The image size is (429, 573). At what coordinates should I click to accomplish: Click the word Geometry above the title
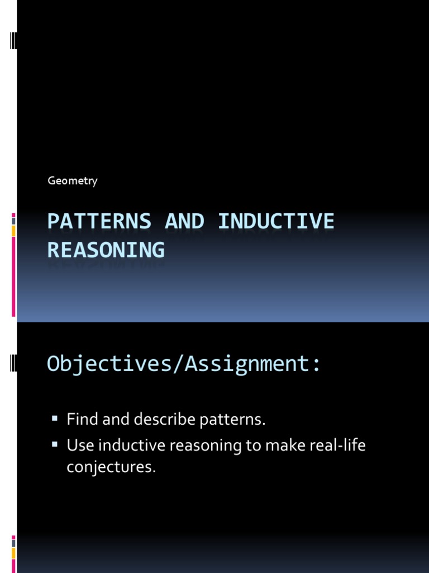[72, 181]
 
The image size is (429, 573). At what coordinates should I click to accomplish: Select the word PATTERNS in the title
[99, 222]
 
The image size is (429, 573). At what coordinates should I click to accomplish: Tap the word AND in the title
[184, 222]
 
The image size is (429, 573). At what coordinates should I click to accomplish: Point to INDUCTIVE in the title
[276, 222]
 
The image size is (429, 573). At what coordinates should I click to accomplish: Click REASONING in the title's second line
[106, 250]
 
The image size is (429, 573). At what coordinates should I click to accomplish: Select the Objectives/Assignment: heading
[184, 364]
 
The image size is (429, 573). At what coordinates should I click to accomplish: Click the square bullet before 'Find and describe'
[55, 418]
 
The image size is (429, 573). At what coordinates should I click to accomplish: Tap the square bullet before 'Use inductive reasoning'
[55, 445]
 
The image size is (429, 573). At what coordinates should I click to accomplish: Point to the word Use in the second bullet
[78, 446]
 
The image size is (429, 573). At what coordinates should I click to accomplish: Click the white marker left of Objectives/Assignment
[13, 364]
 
